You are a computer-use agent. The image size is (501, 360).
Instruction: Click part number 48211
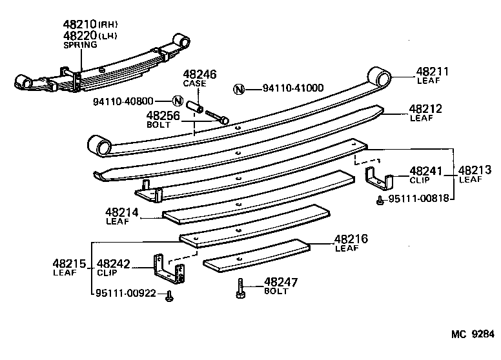[432, 72]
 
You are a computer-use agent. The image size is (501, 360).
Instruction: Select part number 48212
[425, 109]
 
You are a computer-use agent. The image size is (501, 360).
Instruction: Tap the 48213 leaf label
[470, 171]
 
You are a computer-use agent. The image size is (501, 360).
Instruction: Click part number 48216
[351, 239]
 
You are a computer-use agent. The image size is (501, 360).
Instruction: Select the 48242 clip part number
[114, 263]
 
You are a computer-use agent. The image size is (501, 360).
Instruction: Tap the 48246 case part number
[199, 75]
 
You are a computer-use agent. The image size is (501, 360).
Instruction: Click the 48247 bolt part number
[280, 282]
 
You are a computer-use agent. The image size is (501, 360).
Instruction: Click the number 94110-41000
[293, 88]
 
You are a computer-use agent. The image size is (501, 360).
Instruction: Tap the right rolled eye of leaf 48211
[381, 78]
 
